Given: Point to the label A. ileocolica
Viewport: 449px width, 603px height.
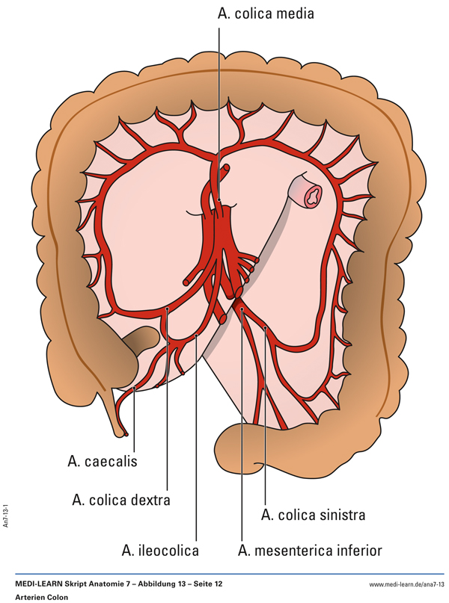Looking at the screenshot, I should (x=160, y=551).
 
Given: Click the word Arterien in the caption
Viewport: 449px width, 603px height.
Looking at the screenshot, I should (x=29, y=597).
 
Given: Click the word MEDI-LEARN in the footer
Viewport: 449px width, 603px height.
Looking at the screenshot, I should (x=38, y=583).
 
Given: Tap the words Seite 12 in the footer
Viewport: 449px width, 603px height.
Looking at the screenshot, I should (x=205, y=583).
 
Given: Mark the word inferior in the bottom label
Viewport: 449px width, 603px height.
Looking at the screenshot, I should (x=357, y=551).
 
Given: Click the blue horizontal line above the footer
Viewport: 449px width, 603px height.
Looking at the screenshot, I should (x=224, y=574).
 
